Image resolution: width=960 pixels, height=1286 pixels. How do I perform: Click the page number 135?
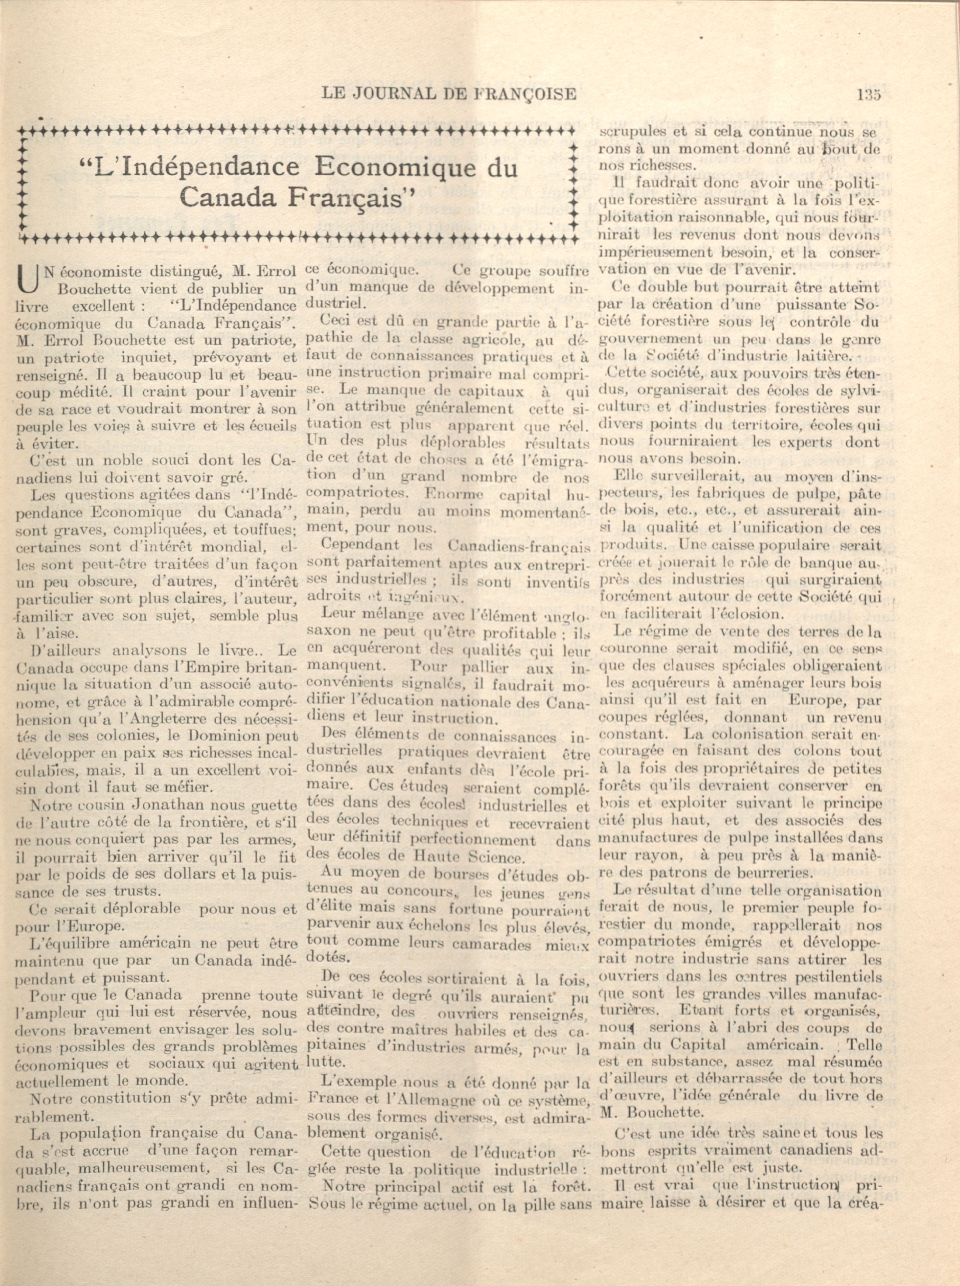(868, 94)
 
